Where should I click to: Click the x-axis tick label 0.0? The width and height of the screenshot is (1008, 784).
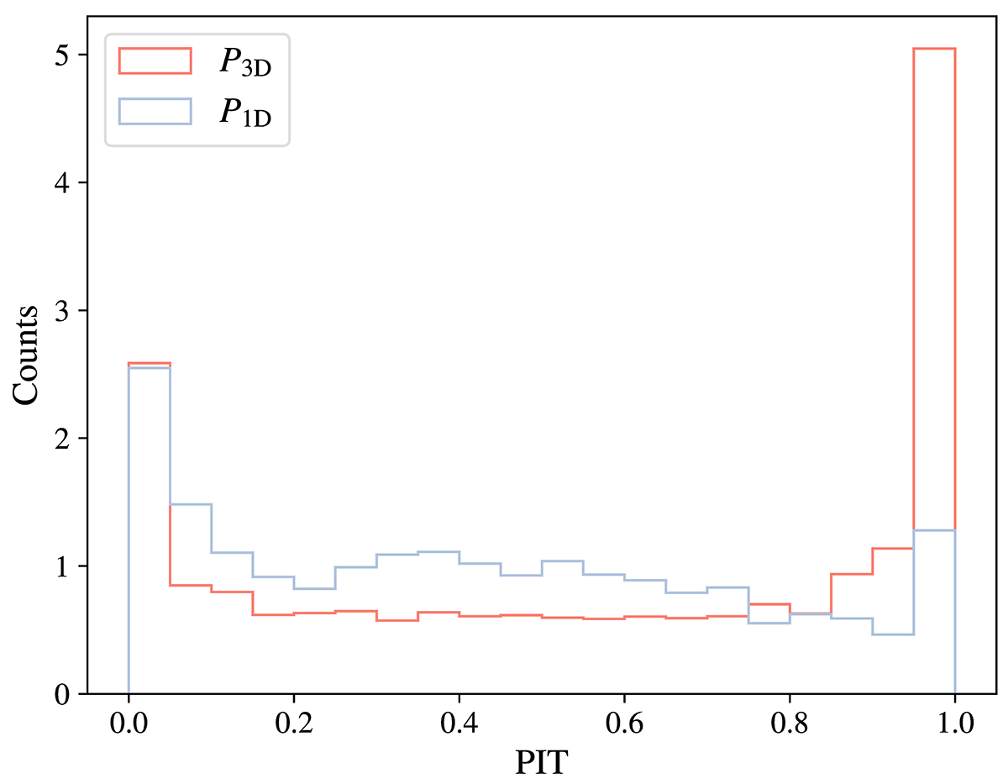128,722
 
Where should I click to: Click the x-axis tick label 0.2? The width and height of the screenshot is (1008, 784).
293,722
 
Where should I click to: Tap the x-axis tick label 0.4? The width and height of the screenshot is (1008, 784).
459,722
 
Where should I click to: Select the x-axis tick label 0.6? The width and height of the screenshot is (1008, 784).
624,722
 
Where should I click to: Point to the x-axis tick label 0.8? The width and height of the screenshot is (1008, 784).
790,722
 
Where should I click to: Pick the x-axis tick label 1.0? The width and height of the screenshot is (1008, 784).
955,722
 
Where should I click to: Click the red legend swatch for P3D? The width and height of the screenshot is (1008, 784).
155,61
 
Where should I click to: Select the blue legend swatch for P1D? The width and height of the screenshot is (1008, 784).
155,112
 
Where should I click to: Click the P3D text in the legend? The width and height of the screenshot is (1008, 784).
245,63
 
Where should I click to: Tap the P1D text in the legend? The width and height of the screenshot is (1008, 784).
245,113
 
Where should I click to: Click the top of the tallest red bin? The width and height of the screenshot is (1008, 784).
934,49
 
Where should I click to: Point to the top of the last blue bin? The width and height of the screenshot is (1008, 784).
934,530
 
